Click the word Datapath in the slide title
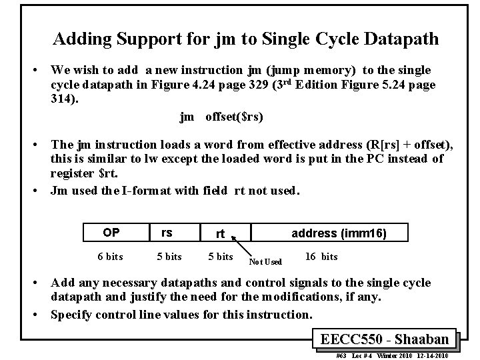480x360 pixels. point(403,39)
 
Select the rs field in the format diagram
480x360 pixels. point(167,233)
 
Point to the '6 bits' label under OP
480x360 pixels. point(110,257)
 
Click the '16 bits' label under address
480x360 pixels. point(321,257)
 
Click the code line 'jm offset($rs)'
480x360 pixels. point(221,117)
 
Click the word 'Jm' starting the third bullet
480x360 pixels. point(60,191)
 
